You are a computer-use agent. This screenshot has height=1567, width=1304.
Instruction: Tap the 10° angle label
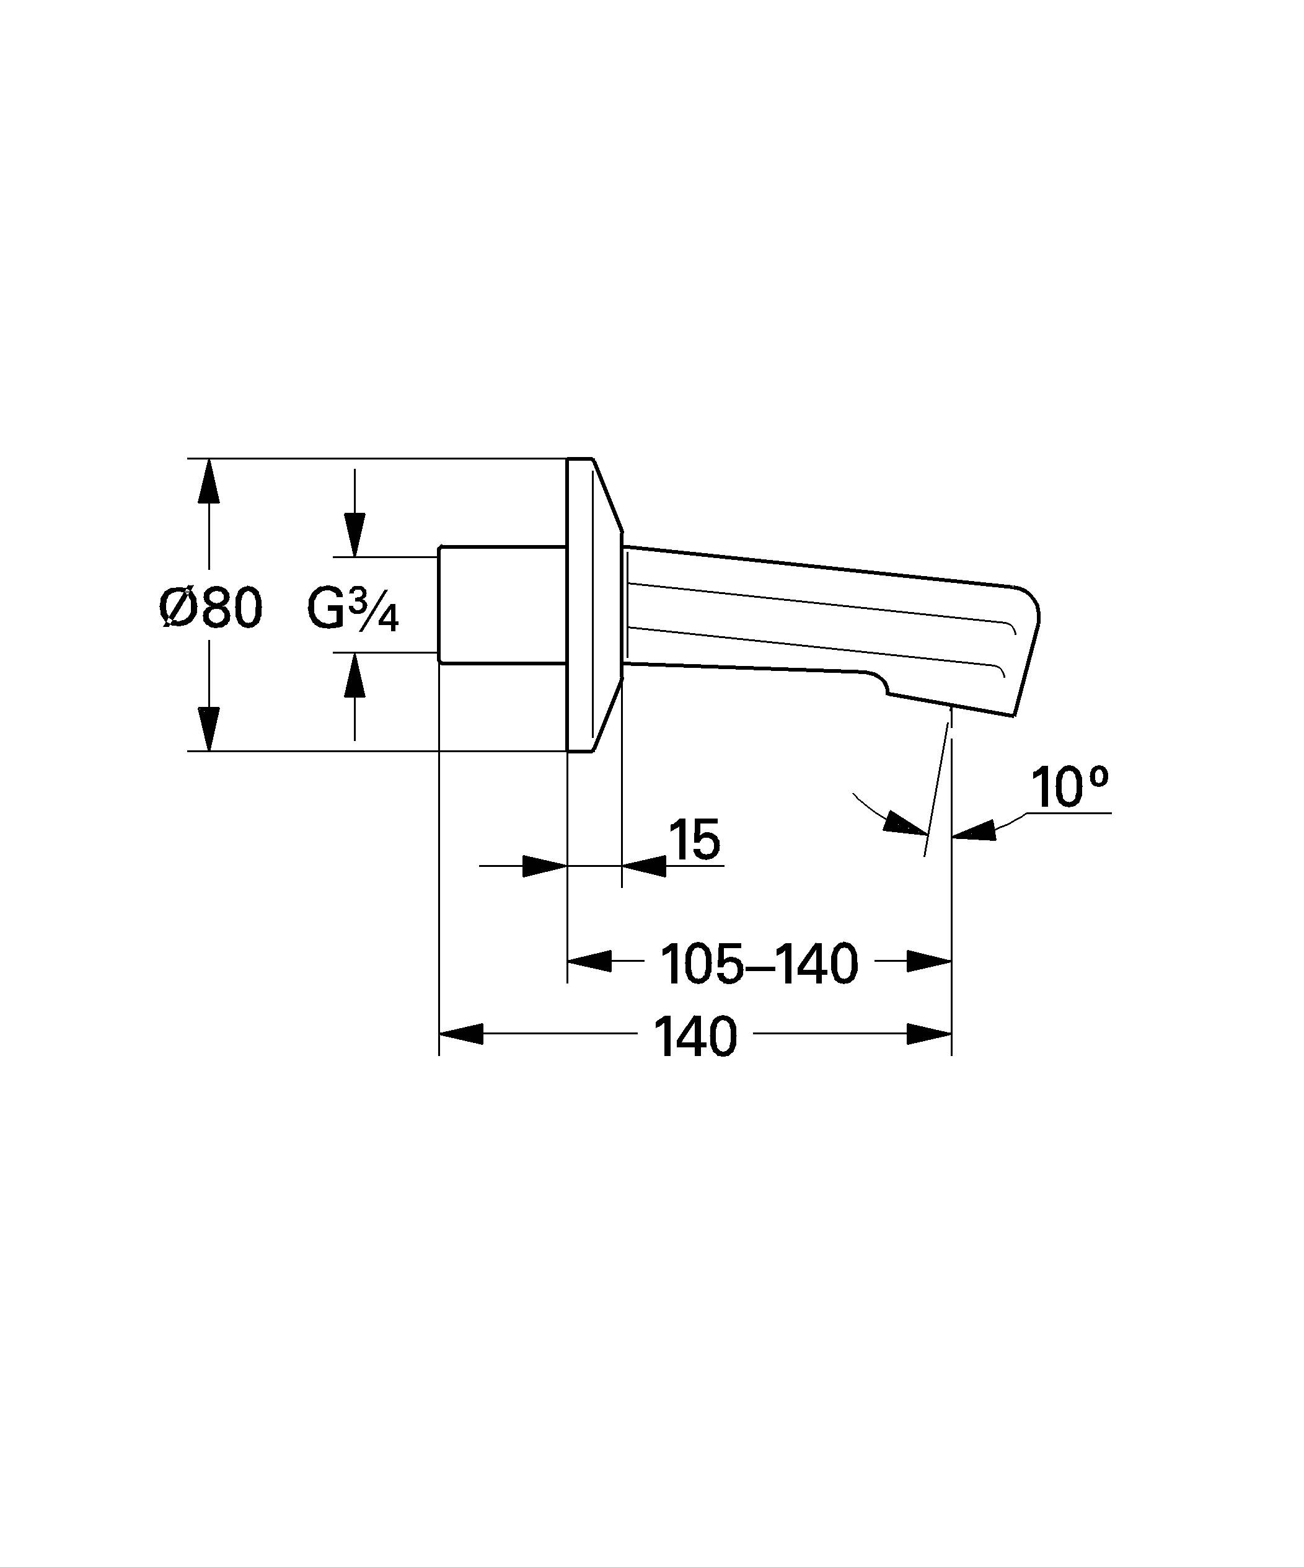[x=1069, y=788]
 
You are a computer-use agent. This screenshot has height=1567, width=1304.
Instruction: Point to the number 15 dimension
[x=694, y=840]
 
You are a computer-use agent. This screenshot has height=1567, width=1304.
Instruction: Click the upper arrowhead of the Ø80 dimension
[x=209, y=485]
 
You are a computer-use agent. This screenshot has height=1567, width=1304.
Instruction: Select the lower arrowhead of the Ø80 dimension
[x=209, y=727]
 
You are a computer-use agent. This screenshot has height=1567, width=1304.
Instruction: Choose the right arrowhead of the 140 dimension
[x=929, y=1034]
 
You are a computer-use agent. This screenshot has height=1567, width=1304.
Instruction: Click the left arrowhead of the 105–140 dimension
[x=589, y=961]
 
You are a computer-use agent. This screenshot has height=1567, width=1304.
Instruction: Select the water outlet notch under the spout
[x=880, y=683]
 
